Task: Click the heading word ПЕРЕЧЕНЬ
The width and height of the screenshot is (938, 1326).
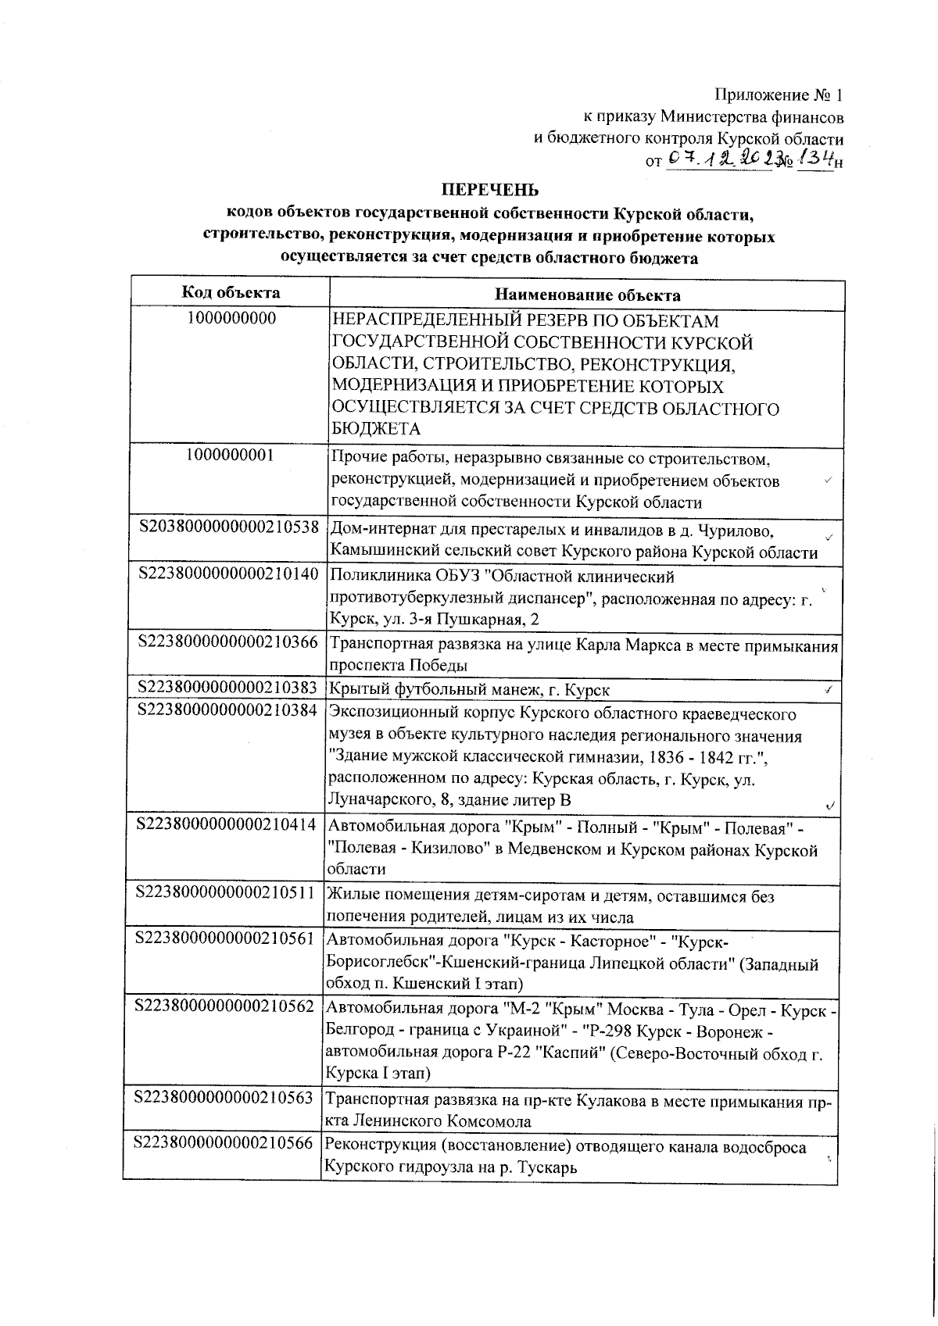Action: tap(491, 190)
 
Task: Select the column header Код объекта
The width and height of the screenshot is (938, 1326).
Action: tap(231, 293)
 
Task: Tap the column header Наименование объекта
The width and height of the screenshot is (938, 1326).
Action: tap(587, 295)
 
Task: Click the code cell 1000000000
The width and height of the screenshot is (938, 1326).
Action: tap(231, 320)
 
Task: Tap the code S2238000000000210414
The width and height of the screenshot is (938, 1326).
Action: tap(226, 825)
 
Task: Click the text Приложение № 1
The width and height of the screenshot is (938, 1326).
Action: tap(779, 95)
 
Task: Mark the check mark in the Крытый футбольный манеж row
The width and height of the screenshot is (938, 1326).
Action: tap(828, 690)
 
